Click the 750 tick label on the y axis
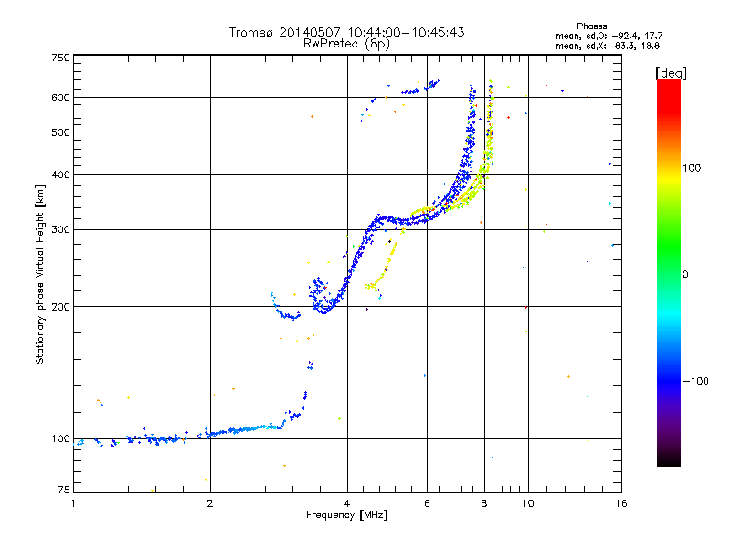tap(60, 58)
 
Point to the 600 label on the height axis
tap(60, 97)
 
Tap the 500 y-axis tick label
tap(60, 132)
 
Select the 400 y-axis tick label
tap(60, 174)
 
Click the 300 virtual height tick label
tap(60, 229)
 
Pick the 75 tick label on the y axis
tap(63, 489)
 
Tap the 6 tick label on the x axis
tap(427, 502)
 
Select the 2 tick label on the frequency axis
tap(210, 502)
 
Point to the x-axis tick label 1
tap(73, 502)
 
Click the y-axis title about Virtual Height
tap(40, 274)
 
